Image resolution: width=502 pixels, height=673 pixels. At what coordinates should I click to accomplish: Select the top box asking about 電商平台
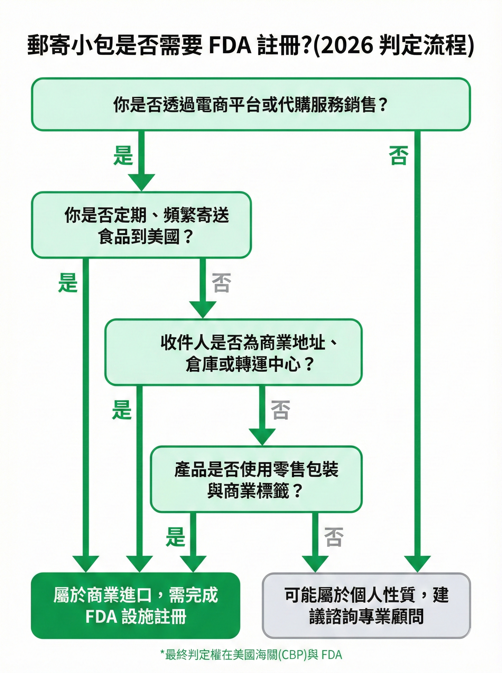251,104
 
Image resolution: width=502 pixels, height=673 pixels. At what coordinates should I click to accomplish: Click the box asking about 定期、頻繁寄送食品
141,225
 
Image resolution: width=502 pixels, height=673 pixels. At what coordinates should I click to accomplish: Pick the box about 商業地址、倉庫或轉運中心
233,352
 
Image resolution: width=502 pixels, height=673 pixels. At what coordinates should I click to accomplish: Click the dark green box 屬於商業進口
136,605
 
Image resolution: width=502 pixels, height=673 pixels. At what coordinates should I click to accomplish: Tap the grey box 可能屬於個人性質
366,605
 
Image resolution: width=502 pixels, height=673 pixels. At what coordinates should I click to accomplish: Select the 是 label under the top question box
123,155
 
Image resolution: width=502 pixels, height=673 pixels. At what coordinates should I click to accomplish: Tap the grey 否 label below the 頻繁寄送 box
222,283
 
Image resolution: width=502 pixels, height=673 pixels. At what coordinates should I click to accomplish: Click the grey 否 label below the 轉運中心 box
280,410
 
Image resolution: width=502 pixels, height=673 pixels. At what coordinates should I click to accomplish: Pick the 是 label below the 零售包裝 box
175,537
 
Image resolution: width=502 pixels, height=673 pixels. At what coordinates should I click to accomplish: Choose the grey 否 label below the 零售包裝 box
334,537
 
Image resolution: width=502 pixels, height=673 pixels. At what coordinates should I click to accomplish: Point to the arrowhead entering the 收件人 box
203,309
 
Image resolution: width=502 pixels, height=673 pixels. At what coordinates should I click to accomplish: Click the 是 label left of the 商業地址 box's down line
122,410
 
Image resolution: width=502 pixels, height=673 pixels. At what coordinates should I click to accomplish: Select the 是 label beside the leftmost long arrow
68,283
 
